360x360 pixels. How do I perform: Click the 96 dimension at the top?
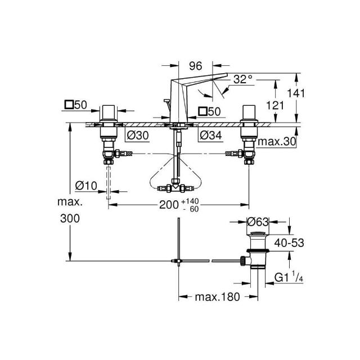tap(196, 66)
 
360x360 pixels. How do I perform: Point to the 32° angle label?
tap(242, 79)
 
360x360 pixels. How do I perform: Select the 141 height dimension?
tap(296, 93)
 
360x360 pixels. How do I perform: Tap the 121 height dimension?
tap(275, 105)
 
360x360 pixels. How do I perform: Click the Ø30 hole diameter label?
tap(138, 136)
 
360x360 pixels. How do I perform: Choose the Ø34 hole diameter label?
tap(211, 135)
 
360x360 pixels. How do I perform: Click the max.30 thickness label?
tap(277, 142)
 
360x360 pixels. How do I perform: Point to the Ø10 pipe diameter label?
tap(86, 186)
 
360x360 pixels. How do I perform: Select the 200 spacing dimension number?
tap(169, 205)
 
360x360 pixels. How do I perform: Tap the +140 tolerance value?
tap(190, 201)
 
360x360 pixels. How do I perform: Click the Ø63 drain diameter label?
tap(258, 222)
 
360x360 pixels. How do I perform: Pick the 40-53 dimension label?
tap(289, 242)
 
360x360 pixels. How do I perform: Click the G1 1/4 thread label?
tap(289, 277)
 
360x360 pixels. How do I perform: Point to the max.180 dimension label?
tap(218, 297)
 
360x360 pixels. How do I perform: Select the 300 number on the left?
tap(70, 218)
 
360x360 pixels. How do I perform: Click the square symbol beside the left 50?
tap(69, 105)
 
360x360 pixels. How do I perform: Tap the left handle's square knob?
tap(109, 112)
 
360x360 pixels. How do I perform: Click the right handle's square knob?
tap(249, 112)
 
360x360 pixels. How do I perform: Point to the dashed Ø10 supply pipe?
tap(109, 183)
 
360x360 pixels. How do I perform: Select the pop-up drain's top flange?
tap(258, 234)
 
